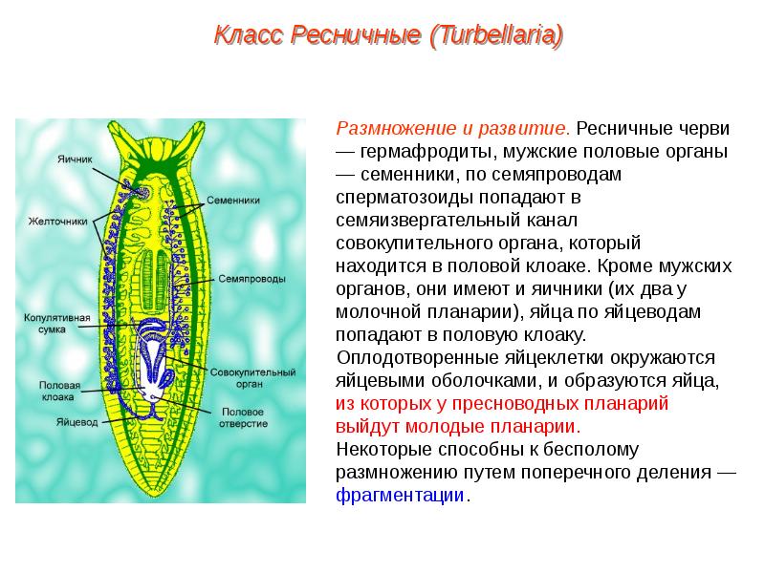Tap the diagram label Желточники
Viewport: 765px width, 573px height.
(56, 220)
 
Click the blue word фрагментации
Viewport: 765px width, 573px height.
(400, 496)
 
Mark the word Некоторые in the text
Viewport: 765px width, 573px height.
(376, 450)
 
